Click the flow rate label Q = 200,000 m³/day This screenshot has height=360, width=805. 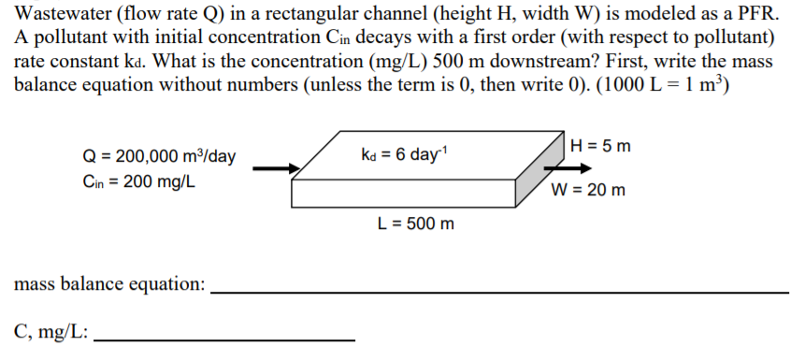(x=158, y=157)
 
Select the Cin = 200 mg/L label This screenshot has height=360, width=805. (x=138, y=181)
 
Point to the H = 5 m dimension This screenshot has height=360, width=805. (x=600, y=146)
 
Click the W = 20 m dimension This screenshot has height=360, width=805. (x=588, y=192)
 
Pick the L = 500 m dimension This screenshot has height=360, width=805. (x=415, y=224)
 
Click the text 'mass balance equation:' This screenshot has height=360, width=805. (x=109, y=284)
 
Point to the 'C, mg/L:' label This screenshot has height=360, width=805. (x=51, y=331)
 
